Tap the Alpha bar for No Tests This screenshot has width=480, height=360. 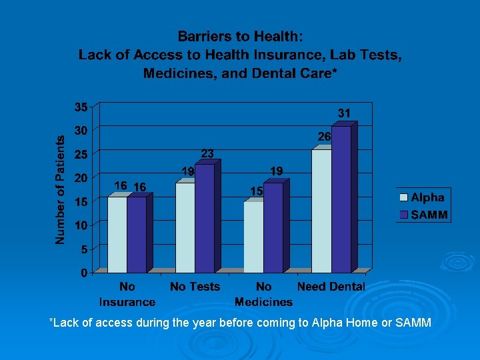pyautogui.click(x=185, y=227)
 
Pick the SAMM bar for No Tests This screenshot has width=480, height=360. pyautogui.click(x=204, y=218)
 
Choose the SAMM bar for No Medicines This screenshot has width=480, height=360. pyautogui.click(x=273, y=227)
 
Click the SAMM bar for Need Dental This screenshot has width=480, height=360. pyautogui.click(x=341, y=199)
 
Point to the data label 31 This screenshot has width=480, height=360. pyautogui.click(x=343, y=114)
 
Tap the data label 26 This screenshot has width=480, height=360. pyautogui.click(x=324, y=136)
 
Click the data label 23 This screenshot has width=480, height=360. pyautogui.click(x=207, y=154)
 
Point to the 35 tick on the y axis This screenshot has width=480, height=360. pyautogui.click(x=81, y=107)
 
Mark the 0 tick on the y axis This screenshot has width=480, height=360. pyautogui.click(x=84, y=273)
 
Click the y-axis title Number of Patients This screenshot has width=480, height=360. pyautogui.click(x=61, y=190)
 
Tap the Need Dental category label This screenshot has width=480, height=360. pyautogui.click(x=331, y=287)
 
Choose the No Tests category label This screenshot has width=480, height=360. pyautogui.click(x=195, y=287)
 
